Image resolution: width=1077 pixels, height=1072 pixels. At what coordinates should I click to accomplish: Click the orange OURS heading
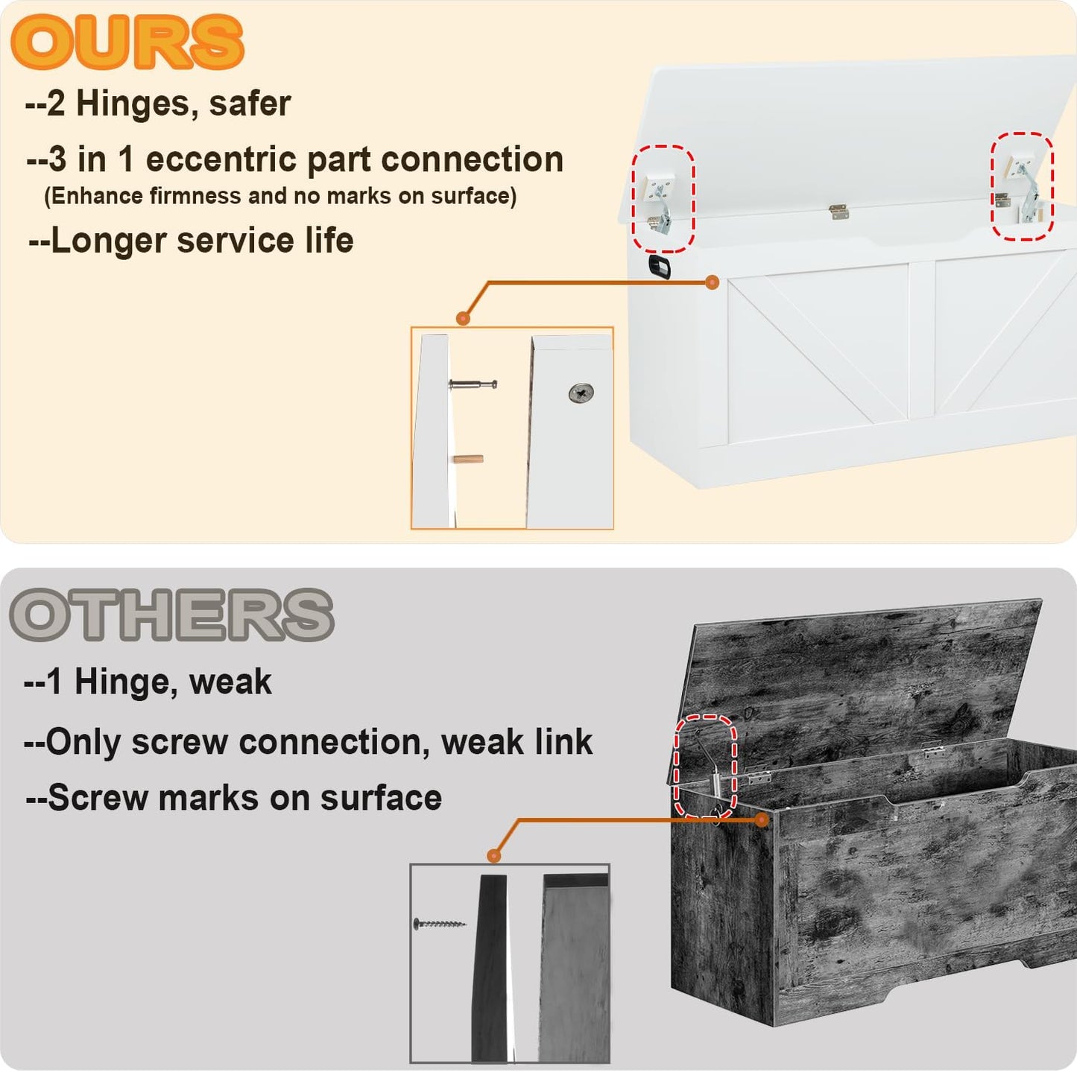127,42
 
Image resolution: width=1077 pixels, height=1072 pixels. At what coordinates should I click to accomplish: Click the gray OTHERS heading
171,615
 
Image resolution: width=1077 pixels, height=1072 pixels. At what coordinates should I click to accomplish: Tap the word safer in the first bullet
250,104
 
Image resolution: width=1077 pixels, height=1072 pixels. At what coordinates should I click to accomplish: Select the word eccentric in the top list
221,159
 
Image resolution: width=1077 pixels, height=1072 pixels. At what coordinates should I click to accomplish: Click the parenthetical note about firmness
280,196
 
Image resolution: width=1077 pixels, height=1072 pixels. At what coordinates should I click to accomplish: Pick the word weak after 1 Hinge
230,682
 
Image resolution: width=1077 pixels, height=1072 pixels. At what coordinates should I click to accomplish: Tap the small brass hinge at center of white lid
838,212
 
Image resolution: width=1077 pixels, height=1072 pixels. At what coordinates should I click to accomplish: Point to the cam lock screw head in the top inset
581,393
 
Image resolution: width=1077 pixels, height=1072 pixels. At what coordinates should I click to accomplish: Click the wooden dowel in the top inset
468,460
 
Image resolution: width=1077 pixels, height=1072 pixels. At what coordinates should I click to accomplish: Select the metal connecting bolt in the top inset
473,384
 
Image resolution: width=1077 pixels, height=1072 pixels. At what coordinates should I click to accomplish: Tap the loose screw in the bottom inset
440,924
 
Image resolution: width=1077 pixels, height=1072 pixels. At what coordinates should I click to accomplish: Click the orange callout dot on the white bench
712,282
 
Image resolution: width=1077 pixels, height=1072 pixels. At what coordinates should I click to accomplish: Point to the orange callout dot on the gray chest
761,820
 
